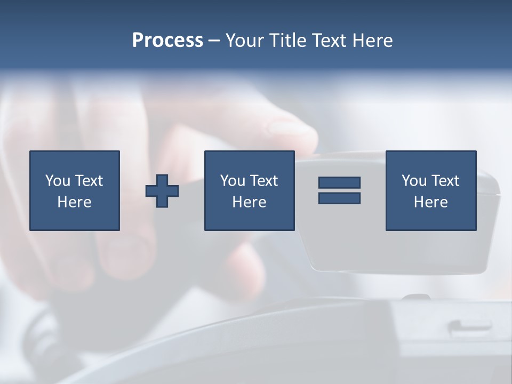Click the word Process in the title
click(x=167, y=41)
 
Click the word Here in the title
click(x=373, y=41)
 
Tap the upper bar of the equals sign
click(x=339, y=183)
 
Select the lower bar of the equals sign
click(x=339, y=198)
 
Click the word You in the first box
click(x=58, y=181)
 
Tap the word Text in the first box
click(x=89, y=181)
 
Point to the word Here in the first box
click(x=75, y=202)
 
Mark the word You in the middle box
click(x=233, y=181)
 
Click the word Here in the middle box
click(x=250, y=202)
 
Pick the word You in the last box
click(x=414, y=181)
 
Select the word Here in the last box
click(x=431, y=202)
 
